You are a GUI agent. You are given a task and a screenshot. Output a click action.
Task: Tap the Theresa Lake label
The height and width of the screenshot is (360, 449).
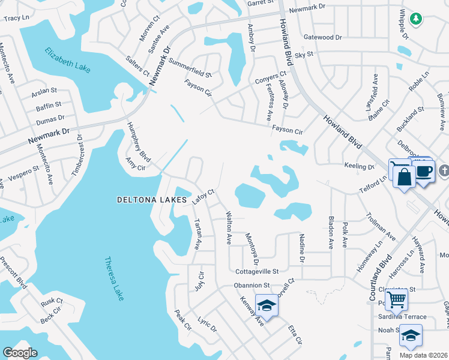[114, 279]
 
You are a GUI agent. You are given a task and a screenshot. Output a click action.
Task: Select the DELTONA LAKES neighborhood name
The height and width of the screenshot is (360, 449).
[153, 199]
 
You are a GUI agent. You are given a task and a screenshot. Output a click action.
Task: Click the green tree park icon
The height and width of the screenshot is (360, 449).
[415, 19]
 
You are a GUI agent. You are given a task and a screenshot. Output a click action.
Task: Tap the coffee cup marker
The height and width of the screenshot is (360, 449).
[424, 171]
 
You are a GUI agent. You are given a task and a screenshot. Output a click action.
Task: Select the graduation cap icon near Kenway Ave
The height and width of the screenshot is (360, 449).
[267, 306]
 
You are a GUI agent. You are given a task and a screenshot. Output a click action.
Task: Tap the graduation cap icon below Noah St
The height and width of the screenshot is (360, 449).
[411, 336]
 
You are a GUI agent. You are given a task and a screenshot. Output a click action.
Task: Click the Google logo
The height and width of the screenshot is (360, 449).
[20, 352]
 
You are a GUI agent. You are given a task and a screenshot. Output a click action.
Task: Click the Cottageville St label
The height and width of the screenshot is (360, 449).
[258, 271]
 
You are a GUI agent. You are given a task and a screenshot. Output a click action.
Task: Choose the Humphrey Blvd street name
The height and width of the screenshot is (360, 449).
[137, 139]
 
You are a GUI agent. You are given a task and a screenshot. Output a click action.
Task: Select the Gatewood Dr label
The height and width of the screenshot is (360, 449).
[322, 37]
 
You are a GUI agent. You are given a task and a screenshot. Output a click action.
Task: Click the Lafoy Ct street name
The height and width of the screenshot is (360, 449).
[203, 196]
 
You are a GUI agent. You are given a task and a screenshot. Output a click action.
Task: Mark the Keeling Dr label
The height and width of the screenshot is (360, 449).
[359, 166]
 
